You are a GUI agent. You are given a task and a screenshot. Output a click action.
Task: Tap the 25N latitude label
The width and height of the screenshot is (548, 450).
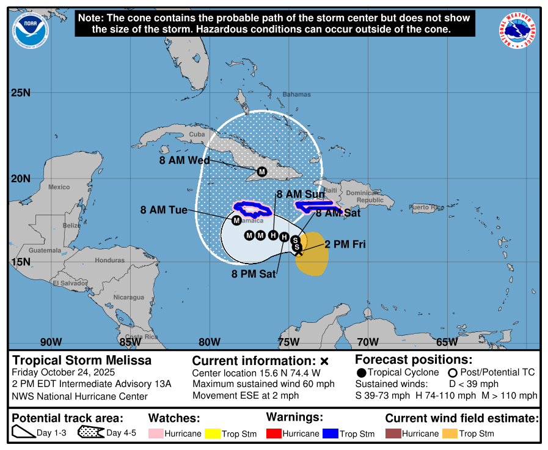(x=20, y=93)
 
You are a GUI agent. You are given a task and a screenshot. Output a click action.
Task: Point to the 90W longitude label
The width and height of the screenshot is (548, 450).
(x=51, y=342)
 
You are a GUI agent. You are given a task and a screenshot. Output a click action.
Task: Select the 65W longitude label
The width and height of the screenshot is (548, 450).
(x=447, y=342)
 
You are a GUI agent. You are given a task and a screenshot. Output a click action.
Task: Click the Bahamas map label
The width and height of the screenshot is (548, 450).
(x=296, y=94)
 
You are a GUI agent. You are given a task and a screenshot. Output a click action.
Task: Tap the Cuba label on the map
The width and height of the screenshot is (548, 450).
(x=197, y=134)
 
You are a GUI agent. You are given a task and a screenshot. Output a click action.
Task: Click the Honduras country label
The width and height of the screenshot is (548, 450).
(x=110, y=260)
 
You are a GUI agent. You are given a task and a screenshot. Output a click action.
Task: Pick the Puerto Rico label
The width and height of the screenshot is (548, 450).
(x=426, y=207)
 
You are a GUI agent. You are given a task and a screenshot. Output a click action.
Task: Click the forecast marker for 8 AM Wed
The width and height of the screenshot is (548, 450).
(x=261, y=172)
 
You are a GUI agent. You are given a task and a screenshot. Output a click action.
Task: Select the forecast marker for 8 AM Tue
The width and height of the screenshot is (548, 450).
(x=236, y=220)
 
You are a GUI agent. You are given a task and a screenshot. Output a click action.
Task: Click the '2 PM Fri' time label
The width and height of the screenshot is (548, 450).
(x=345, y=245)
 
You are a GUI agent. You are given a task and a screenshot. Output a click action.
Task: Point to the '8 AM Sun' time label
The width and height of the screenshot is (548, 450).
(x=301, y=194)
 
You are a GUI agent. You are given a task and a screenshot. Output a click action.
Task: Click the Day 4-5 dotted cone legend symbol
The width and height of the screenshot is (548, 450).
(x=91, y=433)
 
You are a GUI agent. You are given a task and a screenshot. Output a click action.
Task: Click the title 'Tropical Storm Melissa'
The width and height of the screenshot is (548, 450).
(x=82, y=360)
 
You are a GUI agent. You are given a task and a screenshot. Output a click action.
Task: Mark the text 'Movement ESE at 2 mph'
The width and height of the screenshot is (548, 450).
(x=246, y=396)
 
